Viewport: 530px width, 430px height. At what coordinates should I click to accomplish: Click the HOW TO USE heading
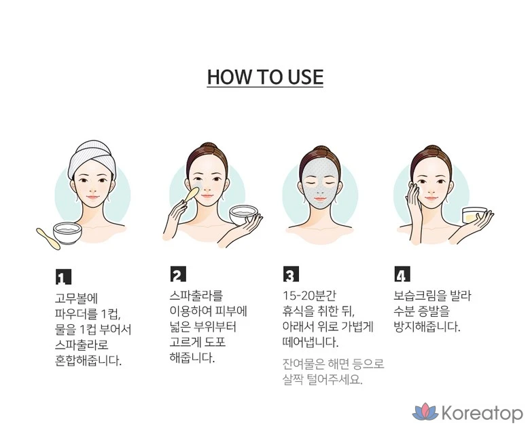click(x=265, y=77)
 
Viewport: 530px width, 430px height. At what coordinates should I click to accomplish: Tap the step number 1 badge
click(x=63, y=277)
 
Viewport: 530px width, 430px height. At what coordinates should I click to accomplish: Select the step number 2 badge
click(x=178, y=274)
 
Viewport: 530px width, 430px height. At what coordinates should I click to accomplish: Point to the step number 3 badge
click(x=291, y=274)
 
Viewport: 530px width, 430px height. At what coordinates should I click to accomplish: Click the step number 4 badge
click(x=402, y=274)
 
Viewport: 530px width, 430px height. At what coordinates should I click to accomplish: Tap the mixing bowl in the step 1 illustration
click(x=67, y=233)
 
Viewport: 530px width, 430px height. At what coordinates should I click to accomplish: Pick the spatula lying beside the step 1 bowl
click(x=48, y=239)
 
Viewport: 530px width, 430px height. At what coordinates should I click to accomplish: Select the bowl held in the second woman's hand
click(x=243, y=215)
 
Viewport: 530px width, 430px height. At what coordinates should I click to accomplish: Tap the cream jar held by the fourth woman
click(x=474, y=216)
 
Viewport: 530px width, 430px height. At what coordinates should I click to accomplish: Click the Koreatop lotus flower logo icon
click(x=425, y=412)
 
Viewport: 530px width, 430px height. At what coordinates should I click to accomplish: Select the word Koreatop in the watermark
click(x=482, y=413)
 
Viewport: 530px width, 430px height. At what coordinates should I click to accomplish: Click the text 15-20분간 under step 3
click(x=309, y=296)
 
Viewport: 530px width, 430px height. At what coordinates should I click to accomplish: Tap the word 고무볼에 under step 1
click(x=76, y=298)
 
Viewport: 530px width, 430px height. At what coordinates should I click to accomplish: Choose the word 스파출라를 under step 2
click(x=196, y=296)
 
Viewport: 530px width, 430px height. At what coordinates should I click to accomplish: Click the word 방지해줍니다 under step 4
click(x=427, y=327)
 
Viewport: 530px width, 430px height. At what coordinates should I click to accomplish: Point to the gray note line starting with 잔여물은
click(x=333, y=364)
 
